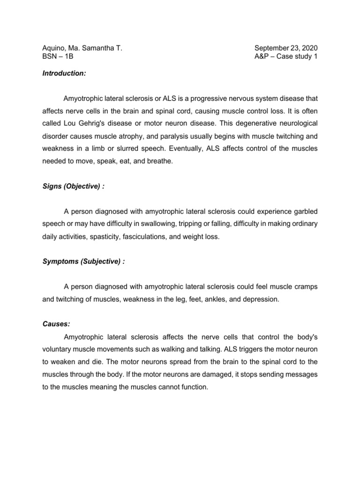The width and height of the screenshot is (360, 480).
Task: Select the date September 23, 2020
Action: pyautogui.click(x=286, y=48)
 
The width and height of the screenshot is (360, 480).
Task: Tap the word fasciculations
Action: pyautogui.click(x=144, y=237)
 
